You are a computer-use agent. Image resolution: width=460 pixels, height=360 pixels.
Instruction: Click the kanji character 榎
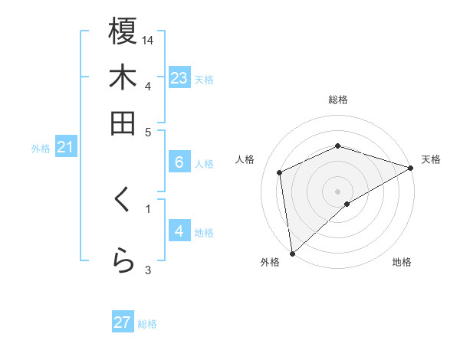pyautogui.click(x=123, y=31)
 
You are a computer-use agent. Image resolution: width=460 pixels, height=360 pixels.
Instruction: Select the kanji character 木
pyautogui.click(x=123, y=77)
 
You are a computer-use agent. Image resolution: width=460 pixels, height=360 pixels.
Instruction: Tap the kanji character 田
pyautogui.click(x=123, y=123)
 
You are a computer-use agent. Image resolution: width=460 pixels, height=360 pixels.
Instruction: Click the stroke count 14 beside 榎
pyautogui.click(x=149, y=39)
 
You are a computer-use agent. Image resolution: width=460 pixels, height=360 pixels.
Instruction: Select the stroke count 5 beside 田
pyautogui.click(x=149, y=131)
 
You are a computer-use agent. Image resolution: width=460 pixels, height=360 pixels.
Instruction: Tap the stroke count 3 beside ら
pyautogui.click(x=149, y=269)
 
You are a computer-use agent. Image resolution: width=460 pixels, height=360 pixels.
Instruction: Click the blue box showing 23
pyautogui.click(x=179, y=78)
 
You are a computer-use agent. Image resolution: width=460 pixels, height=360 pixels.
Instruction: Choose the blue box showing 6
pyautogui.click(x=179, y=162)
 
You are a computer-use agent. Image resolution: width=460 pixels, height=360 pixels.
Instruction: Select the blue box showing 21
pyautogui.click(x=64, y=147)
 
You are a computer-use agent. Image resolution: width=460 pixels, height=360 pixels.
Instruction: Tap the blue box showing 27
pyautogui.click(x=123, y=322)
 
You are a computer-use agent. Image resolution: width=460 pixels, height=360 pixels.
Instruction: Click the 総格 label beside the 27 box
pyautogui.click(x=147, y=324)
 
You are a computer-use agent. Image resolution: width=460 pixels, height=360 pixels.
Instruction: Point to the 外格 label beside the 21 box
pyautogui.click(x=41, y=149)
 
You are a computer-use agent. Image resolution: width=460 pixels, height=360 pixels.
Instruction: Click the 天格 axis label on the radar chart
pyautogui.click(x=431, y=159)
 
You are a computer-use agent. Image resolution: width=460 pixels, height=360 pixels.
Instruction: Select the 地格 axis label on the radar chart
pyautogui.click(x=402, y=262)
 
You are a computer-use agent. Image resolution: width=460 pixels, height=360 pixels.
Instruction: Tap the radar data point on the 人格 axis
pyautogui.click(x=280, y=172)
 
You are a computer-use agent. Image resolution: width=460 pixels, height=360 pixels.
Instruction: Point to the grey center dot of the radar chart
pyautogui.click(x=337, y=191)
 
